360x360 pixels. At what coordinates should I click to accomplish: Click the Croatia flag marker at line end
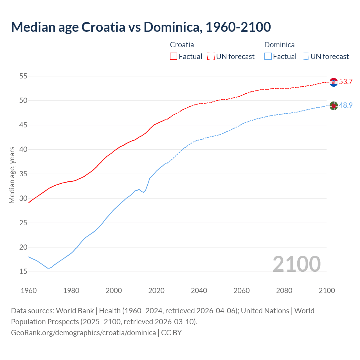point(334,82)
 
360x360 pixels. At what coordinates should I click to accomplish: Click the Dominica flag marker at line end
point(334,106)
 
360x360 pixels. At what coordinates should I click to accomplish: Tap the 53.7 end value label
point(346,82)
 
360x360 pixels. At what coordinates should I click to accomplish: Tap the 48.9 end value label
point(346,105)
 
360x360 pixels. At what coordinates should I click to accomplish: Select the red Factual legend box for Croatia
point(174,57)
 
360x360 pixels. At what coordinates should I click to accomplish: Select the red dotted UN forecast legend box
point(211,57)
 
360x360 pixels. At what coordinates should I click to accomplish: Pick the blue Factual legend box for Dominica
point(268,57)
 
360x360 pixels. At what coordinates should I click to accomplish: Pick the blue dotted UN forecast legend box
point(305,57)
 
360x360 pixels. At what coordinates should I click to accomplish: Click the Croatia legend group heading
point(182,45)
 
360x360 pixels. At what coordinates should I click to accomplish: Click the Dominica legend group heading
point(279,45)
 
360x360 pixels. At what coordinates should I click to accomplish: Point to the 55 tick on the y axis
point(23,76)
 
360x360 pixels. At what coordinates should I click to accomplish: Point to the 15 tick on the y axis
point(23,272)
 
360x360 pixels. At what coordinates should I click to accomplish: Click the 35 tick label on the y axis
point(23,174)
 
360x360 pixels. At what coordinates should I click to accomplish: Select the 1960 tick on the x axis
point(29,291)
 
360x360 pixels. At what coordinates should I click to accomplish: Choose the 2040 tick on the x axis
point(199,291)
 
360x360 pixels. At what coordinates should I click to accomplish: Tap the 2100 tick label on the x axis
point(327,291)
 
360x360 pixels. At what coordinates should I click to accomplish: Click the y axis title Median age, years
point(12,175)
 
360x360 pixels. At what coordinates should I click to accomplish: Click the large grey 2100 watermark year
point(297,264)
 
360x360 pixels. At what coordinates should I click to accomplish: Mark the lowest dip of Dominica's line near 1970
point(48,268)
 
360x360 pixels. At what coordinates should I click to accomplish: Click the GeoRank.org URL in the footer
point(83,333)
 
